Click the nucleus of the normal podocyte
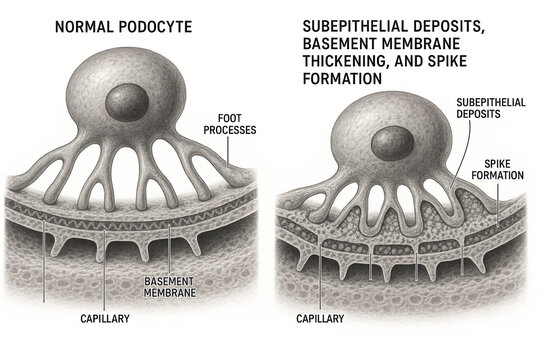coord(127,101)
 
